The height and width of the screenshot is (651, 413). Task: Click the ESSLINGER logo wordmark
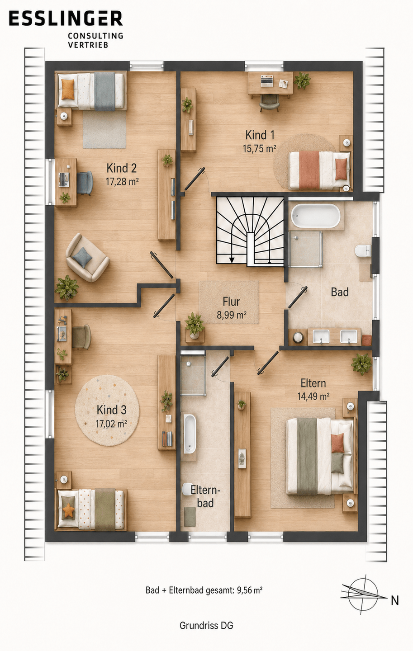(x=66, y=19)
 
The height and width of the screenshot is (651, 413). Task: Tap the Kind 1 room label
(x=260, y=135)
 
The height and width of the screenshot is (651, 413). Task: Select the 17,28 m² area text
(x=122, y=182)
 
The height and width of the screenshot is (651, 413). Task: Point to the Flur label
(x=232, y=302)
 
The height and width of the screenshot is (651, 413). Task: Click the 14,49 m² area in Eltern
(x=313, y=396)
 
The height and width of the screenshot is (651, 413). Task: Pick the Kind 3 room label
(x=111, y=410)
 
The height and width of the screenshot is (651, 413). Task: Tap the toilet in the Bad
(x=363, y=250)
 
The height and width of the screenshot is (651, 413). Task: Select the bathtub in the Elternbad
(x=190, y=434)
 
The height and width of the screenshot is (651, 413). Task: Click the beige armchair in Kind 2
(x=88, y=257)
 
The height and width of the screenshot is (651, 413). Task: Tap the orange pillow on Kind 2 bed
(x=68, y=89)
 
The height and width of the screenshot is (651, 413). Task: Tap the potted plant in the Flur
(x=194, y=325)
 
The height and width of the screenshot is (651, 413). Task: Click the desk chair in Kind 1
(x=269, y=103)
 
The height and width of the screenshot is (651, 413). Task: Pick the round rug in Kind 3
(x=107, y=410)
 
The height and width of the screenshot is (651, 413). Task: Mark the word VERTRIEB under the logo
(x=88, y=45)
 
